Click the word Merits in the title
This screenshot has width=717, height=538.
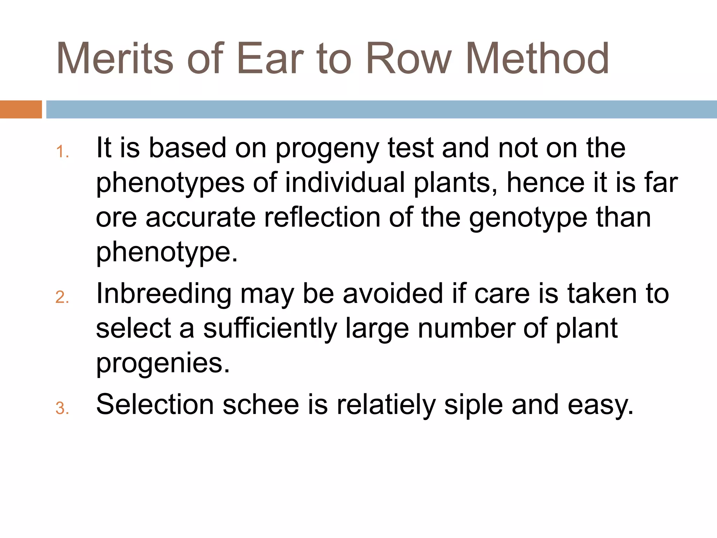pos(115,59)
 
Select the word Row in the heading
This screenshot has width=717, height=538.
pos(409,59)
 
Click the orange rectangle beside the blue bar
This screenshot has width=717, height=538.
pos(21,109)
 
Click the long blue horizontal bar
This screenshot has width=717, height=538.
pos(381,109)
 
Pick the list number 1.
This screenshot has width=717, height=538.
pos(62,152)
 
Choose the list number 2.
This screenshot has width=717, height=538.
pos(62,297)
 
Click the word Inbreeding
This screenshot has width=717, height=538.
pos(163,294)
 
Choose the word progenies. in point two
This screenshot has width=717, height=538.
pos(163,364)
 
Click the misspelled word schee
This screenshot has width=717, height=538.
pos(260,405)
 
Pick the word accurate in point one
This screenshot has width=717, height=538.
pos(201,218)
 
